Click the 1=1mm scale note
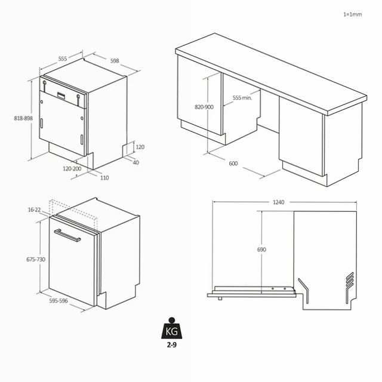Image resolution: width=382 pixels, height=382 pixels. [x=353, y=14]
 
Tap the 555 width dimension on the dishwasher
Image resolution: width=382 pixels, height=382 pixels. [x=63, y=58]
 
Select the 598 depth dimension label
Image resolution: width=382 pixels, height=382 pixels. [x=115, y=61]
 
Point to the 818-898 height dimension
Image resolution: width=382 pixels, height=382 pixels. [x=23, y=118]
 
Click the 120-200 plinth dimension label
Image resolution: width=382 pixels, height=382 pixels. [x=72, y=168]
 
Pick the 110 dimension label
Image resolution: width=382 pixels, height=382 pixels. [x=104, y=178]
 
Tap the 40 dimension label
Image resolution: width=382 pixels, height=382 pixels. [x=135, y=162]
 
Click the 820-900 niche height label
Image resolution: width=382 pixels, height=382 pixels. [x=204, y=107]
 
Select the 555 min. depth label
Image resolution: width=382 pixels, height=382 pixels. [x=242, y=98]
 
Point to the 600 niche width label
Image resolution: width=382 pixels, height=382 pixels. [x=233, y=164]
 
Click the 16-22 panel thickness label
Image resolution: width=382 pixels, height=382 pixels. [x=34, y=210]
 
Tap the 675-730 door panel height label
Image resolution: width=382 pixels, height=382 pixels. [x=36, y=260]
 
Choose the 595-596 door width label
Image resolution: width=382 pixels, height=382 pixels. [x=58, y=301]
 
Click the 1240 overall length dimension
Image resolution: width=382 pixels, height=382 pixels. [x=279, y=202]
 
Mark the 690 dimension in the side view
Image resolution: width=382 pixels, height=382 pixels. [x=261, y=249]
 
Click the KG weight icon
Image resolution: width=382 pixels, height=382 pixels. [x=172, y=328]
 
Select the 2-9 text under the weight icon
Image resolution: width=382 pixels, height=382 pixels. [x=171, y=345]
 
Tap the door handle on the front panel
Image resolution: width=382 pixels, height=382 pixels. [x=67, y=235]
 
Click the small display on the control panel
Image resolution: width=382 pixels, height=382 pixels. [x=61, y=95]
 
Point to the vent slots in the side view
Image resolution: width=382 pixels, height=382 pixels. [x=350, y=281]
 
